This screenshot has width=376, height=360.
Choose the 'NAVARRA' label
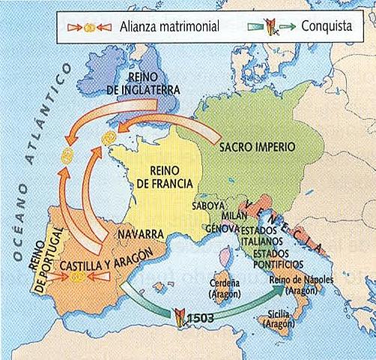point(140,234)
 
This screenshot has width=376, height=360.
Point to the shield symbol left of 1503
point(180,315)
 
